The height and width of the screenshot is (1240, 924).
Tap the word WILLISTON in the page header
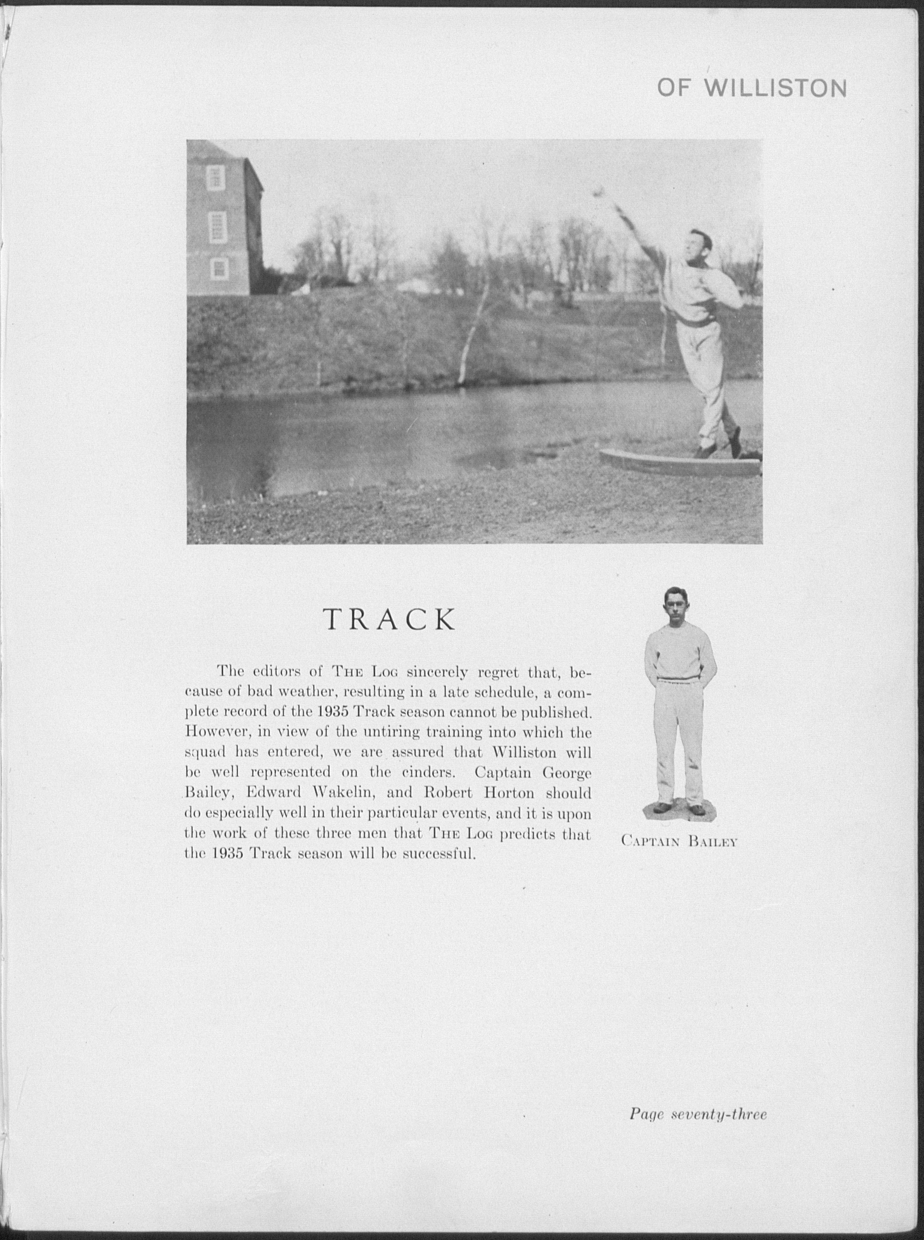(x=775, y=88)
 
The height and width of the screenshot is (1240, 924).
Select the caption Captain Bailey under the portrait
(x=679, y=856)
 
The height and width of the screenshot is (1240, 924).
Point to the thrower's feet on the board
(x=719, y=447)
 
